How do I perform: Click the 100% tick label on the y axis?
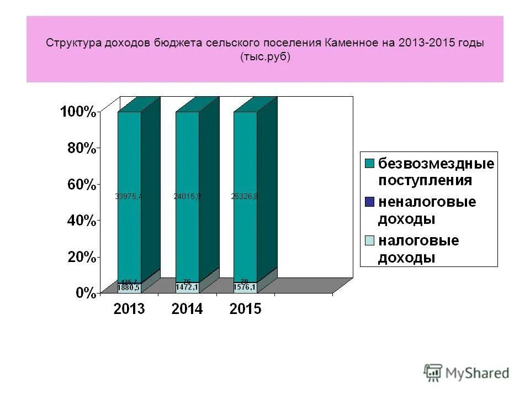(77, 112)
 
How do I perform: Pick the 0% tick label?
(86, 293)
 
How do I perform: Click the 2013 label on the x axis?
(129, 310)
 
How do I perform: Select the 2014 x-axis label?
(187, 310)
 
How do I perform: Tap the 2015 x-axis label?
(245, 310)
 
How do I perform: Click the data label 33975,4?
(129, 196)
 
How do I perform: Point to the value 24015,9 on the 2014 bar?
(187, 196)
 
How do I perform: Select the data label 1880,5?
(129, 287)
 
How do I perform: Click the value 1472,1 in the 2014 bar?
(187, 287)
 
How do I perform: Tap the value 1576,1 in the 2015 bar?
(245, 287)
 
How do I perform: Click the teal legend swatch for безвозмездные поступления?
(369, 163)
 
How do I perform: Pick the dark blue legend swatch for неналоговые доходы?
(369, 202)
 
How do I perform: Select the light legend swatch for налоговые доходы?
(369, 240)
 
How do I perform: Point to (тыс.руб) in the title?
(265, 57)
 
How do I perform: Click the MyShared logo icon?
(433, 372)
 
